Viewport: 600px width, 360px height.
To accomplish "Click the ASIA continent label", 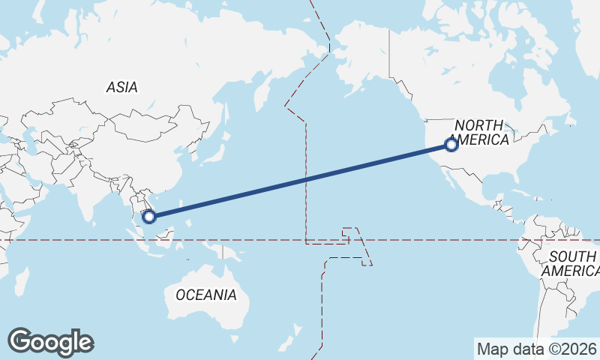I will click(121, 87).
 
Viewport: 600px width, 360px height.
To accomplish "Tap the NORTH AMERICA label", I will click(481, 132).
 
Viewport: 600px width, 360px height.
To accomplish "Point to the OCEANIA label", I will click(206, 295).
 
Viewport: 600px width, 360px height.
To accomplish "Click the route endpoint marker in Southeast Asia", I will click(148, 217).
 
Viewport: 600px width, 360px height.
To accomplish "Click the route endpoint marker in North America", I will click(451, 145).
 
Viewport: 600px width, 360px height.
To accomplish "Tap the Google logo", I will click(50, 342).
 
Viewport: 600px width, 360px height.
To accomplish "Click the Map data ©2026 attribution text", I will click(537, 349).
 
